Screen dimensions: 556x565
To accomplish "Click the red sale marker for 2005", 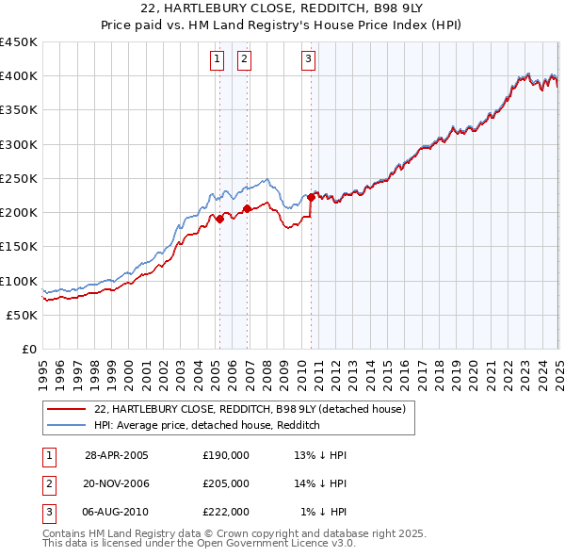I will click(x=219, y=219).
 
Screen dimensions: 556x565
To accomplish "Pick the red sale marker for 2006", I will click(x=247, y=208).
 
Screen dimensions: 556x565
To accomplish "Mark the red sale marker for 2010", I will click(x=311, y=197).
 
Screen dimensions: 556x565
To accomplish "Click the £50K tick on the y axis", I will click(x=23, y=315).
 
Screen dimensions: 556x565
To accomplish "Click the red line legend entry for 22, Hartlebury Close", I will click(x=250, y=409).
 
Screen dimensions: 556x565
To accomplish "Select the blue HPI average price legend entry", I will click(x=207, y=425).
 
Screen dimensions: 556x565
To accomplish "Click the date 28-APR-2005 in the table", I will click(x=117, y=455).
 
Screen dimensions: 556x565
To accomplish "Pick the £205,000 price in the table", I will click(x=226, y=483).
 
